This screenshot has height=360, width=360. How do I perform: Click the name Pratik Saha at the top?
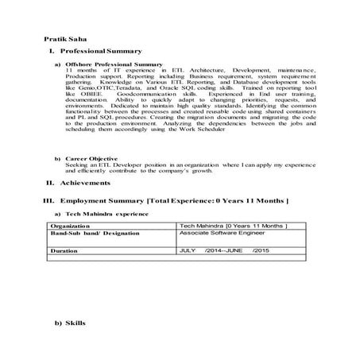[x=66, y=39]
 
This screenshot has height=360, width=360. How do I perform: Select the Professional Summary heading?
[x=99, y=51]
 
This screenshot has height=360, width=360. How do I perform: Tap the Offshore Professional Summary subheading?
[x=114, y=64]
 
